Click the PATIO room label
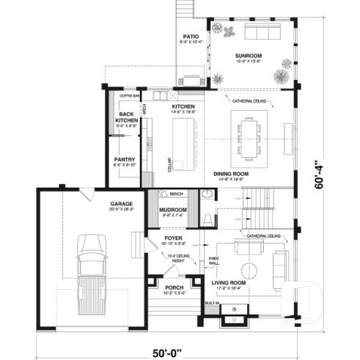tap(191, 36)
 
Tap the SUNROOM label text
tap(249, 55)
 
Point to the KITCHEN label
tap(183, 107)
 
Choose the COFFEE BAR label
tap(129, 96)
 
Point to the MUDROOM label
tap(173, 210)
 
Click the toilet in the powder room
tap(207, 217)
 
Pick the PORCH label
tap(174, 287)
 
